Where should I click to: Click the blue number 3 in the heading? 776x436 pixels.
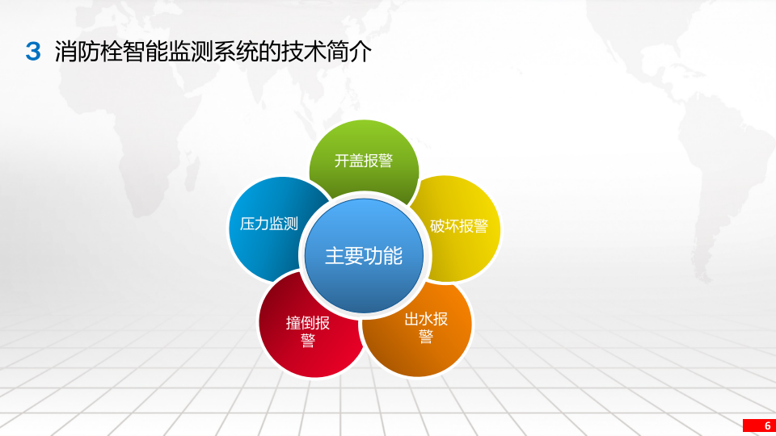pyautogui.click(x=33, y=52)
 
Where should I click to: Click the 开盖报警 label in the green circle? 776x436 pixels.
pyautogui.click(x=364, y=161)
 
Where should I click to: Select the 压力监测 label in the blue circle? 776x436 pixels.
pyautogui.click(x=269, y=224)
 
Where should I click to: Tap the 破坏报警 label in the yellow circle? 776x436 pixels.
pyautogui.click(x=459, y=226)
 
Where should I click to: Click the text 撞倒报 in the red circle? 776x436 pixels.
pyautogui.click(x=308, y=323)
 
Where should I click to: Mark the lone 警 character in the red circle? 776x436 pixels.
pyautogui.click(x=308, y=342)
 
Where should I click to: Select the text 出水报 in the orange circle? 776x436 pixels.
pyautogui.click(x=426, y=318)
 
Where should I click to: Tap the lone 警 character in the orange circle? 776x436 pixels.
pyautogui.click(x=426, y=337)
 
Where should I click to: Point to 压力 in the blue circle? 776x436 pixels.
pyautogui.click(x=255, y=224)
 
